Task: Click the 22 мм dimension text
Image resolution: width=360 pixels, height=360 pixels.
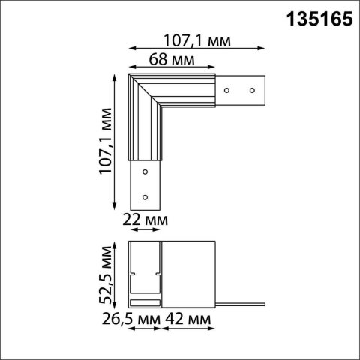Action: tap(145, 220)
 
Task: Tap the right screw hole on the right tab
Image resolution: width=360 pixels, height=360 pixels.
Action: tap(252, 89)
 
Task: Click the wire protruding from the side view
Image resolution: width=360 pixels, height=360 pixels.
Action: tap(240, 304)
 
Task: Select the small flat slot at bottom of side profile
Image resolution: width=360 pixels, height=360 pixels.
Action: tap(145, 301)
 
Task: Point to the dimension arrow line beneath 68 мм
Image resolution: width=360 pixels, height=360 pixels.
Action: tap(172, 68)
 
